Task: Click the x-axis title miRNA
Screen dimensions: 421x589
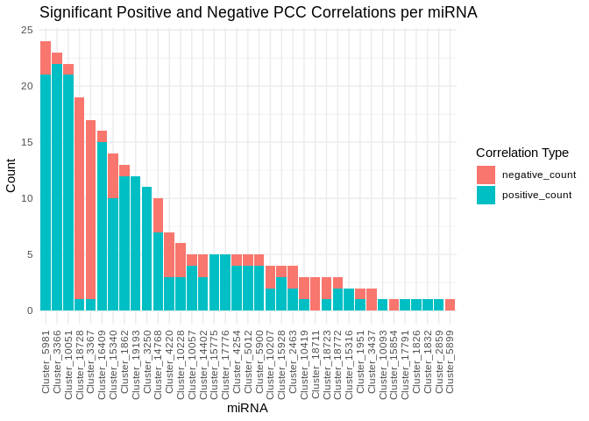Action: point(247,408)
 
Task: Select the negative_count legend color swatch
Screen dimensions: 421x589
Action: point(486,175)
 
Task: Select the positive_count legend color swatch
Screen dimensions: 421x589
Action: point(486,195)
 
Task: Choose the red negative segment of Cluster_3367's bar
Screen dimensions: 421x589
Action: point(90,210)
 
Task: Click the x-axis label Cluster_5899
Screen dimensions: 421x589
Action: point(451,361)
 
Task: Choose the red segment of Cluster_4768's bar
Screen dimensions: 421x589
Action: point(158,215)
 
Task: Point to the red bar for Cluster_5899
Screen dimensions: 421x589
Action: point(450,304)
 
